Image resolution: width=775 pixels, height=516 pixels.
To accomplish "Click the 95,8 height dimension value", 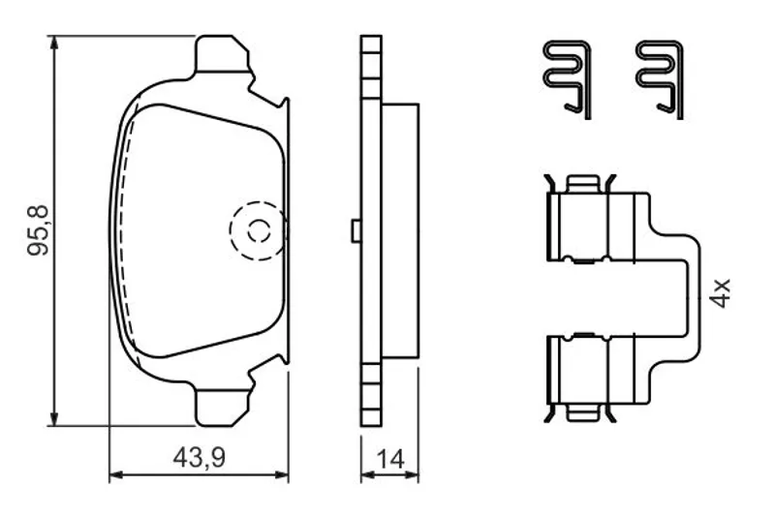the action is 39,229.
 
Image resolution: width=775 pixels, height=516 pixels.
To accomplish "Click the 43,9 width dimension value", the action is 199,458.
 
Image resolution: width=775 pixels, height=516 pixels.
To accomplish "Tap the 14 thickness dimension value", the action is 390,459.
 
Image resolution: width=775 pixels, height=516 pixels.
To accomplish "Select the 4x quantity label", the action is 719,293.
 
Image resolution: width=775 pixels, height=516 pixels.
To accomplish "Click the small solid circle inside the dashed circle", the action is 259,230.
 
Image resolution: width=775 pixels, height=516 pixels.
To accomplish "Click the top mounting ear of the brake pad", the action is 223,53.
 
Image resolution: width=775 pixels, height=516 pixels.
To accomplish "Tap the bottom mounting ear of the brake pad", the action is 223,408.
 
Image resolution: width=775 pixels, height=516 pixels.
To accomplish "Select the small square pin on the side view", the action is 356,230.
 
